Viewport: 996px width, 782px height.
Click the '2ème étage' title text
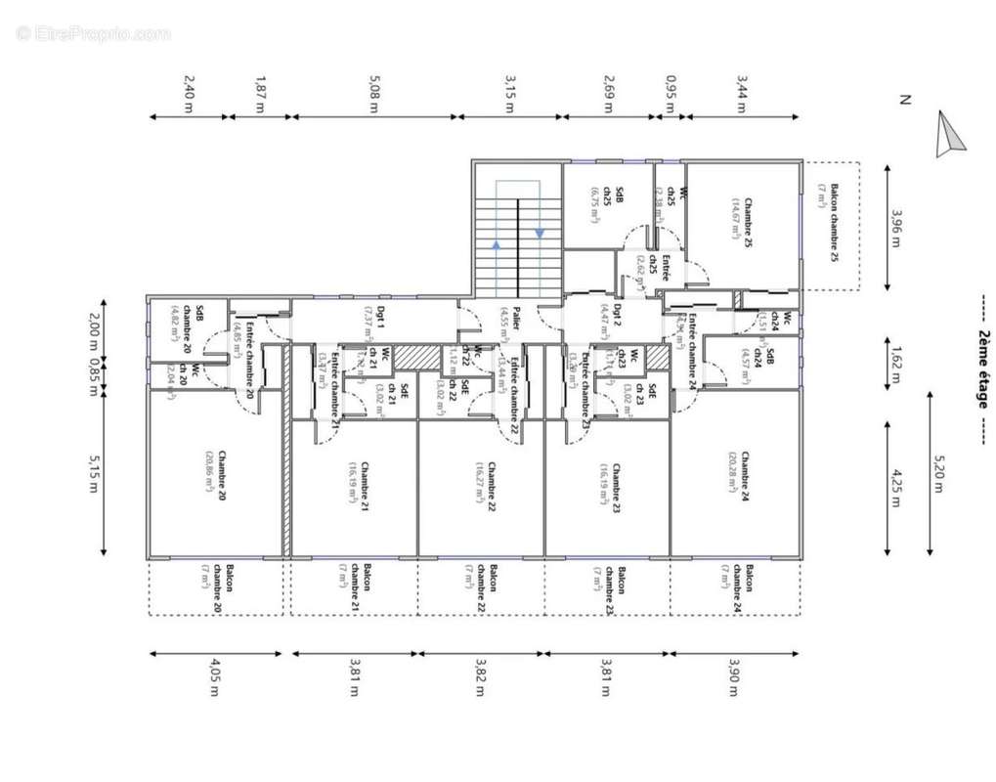pyautogui.click(x=982, y=371)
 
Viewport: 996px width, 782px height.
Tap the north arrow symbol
pyautogui.click(x=949, y=134)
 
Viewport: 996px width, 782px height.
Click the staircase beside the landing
pyautogui.click(x=517, y=239)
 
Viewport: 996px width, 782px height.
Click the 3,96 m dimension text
pyautogui.click(x=895, y=225)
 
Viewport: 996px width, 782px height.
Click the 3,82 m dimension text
pyautogui.click(x=479, y=678)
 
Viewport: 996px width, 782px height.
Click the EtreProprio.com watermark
pyautogui.click(x=93, y=33)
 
